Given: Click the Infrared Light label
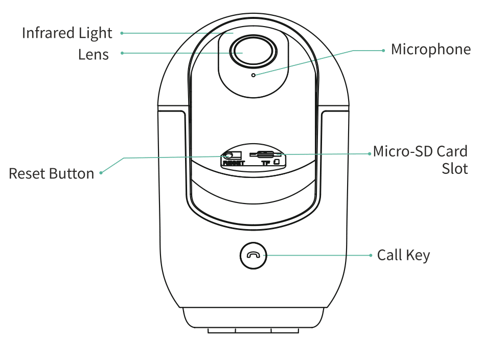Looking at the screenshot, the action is (x=67, y=33).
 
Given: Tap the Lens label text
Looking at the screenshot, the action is (x=94, y=55).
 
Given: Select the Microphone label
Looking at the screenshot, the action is (x=431, y=50).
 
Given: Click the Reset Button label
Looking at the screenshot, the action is (x=51, y=174).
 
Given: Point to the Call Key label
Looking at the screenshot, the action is (x=403, y=255).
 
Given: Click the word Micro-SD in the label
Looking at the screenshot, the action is (x=403, y=151).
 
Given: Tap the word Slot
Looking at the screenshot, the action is (x=454, y=169).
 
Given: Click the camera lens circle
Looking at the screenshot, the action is (x=254, y=52).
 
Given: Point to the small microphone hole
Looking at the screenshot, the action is (x=254, y=75).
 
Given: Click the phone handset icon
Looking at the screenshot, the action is (x=254, y=255).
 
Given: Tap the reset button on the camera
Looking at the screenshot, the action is (x=228, y=155).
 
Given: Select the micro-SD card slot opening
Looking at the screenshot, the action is (x=266, y=154).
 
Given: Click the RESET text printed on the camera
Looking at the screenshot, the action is (x=234, y=163).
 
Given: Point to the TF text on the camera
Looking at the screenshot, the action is (x=266, y=163).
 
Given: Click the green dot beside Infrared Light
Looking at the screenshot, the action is (x=122, y=33).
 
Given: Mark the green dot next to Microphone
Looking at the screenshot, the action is (x=383, y=50).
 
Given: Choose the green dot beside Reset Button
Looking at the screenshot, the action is (x=101, y=173).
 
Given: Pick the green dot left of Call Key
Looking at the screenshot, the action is (x=371, y=255).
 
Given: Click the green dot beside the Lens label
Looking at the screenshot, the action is (x=122, y=53).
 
